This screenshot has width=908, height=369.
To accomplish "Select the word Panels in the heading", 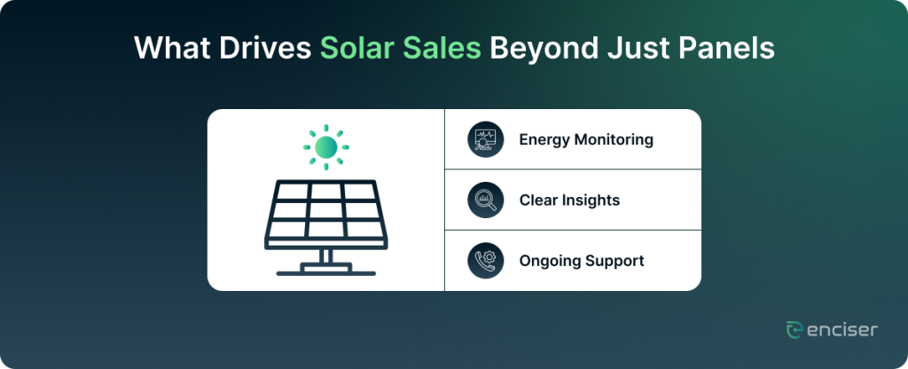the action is click(x=727, y=49).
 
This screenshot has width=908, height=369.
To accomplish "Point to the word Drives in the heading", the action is click(x=264, y=49).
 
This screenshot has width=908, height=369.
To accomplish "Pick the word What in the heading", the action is click(x=171, y=49).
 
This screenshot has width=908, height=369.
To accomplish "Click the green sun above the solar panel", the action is click(x=326, y=147).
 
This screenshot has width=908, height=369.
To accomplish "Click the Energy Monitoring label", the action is click(x=586, y=139).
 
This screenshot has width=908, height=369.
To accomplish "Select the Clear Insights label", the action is click(x=569, y=200).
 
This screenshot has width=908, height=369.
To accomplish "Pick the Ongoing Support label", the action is click(x=582, y=261).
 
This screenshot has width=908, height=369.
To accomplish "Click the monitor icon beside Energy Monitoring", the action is click(x=485, y=139).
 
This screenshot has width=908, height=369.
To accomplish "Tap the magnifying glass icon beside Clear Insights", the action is click(x=485, y=200).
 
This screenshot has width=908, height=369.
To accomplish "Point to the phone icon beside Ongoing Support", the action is click(x=485, y=261).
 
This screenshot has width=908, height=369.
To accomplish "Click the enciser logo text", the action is click(x=841, y=330).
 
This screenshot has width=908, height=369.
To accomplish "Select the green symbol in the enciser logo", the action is click(x=794, y=330).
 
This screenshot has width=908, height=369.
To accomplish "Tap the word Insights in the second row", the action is click(x=591, y=200).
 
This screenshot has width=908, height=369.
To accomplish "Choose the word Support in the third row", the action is click(x=614, y=262).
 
